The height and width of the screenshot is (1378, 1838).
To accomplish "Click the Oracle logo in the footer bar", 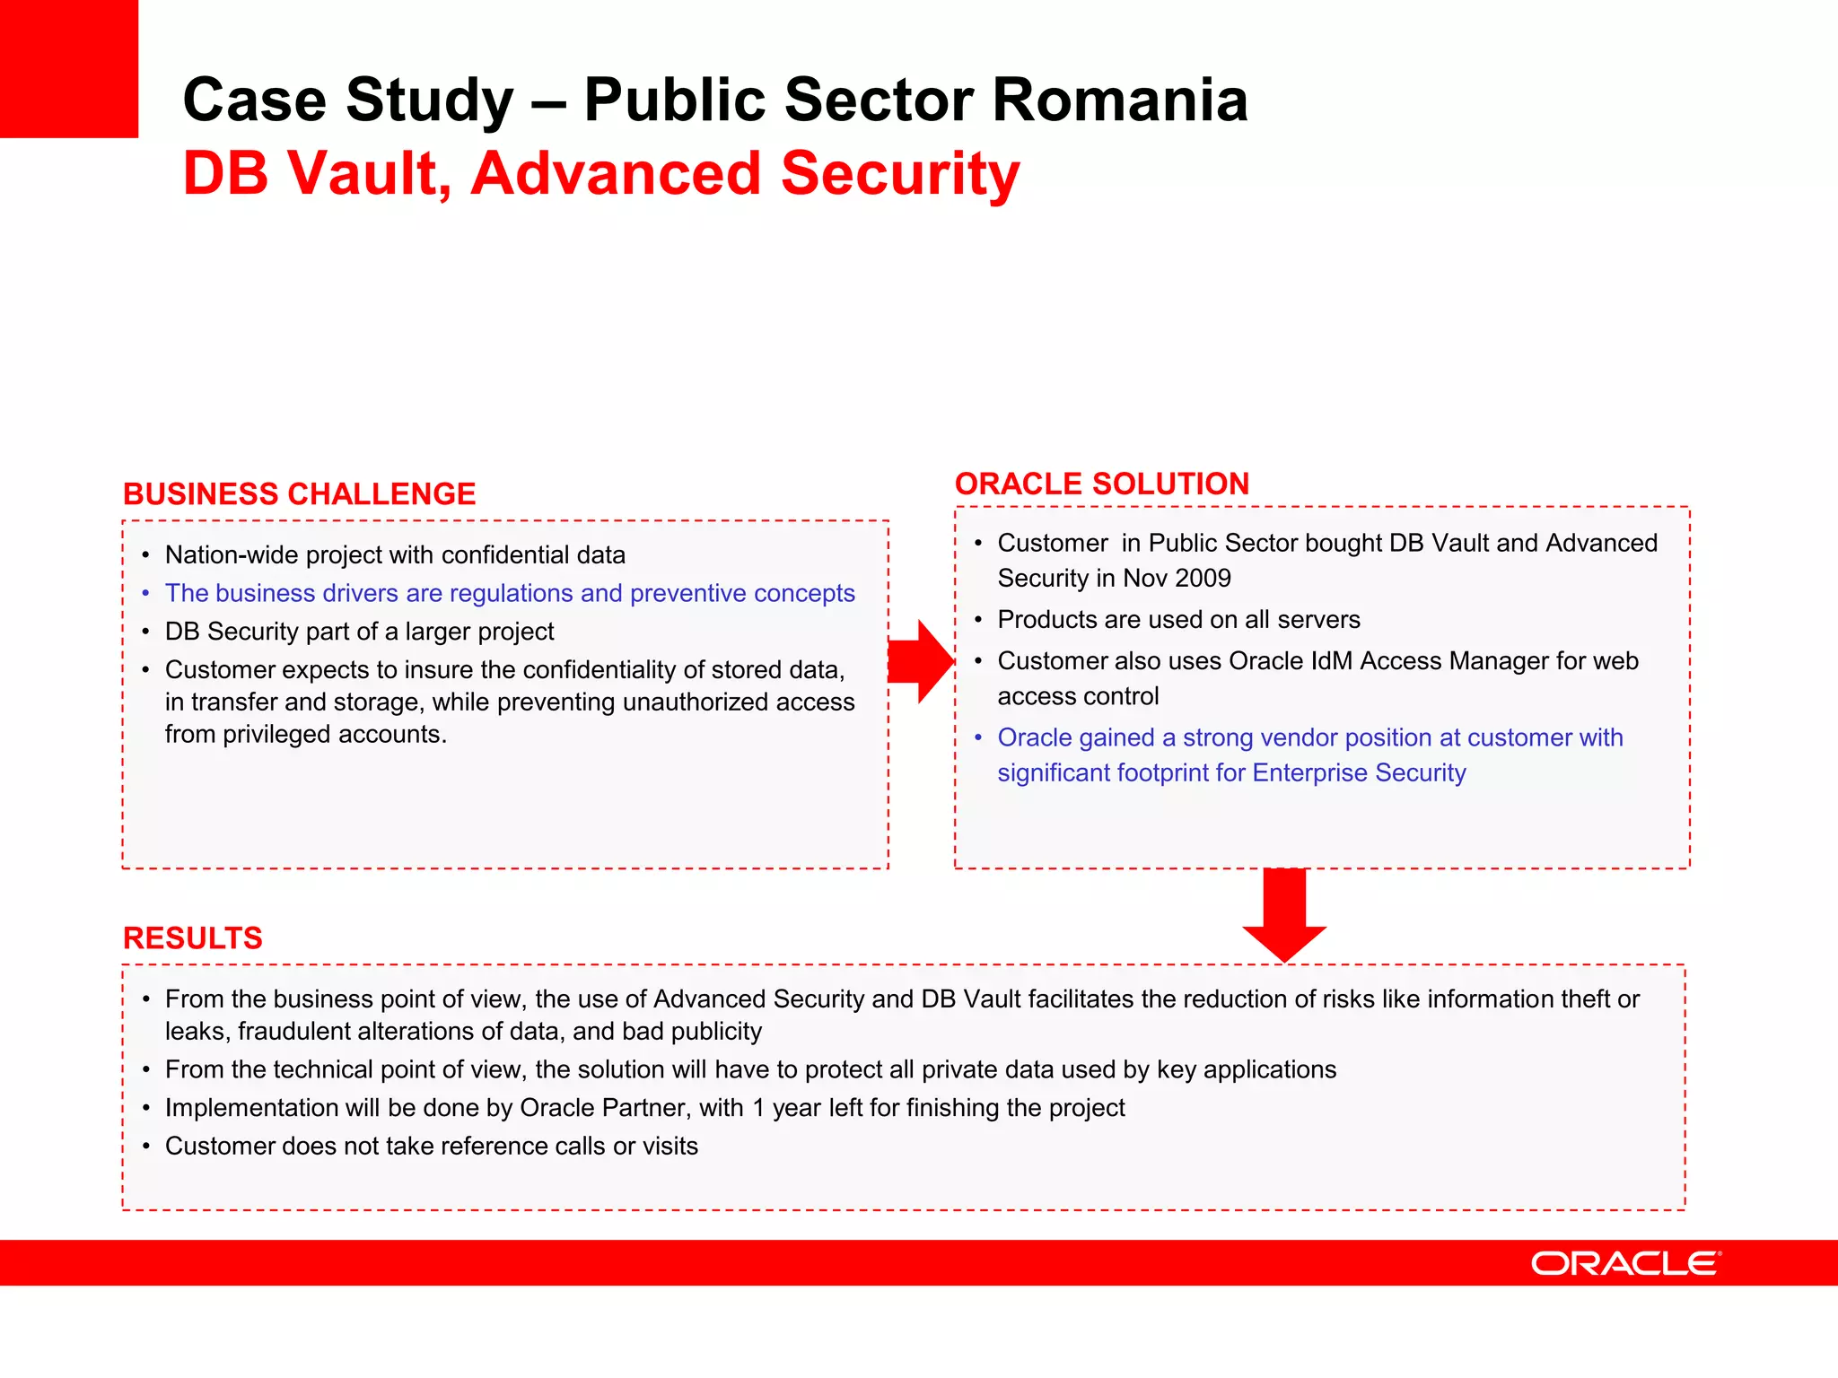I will pyautogui.click(x=1625, y=1263).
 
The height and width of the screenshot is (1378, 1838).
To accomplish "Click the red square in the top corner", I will pyautogui.click(x=68, y=68).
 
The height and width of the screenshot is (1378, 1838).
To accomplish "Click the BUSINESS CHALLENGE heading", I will pyautogui.click(x=299, y=494).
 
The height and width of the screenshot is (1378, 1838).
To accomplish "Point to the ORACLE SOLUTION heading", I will pyautogui.click(x=1101, y=484).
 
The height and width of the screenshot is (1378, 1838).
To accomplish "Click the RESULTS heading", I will pyautogui.click(x=192, y=938).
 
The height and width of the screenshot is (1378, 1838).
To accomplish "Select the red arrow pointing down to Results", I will pyautogui.click(x=1284, y=917).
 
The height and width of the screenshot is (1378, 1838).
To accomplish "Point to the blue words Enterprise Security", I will pyautogui.click(x=1359, y=773).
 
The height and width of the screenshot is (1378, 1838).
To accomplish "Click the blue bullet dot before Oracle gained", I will pyautogui.click(x=978, y=737).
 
